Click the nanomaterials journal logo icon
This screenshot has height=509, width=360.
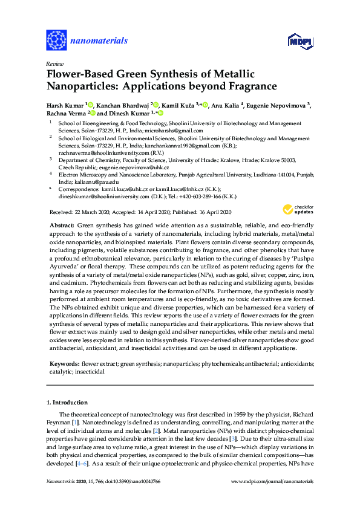click(x=56, y=41)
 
